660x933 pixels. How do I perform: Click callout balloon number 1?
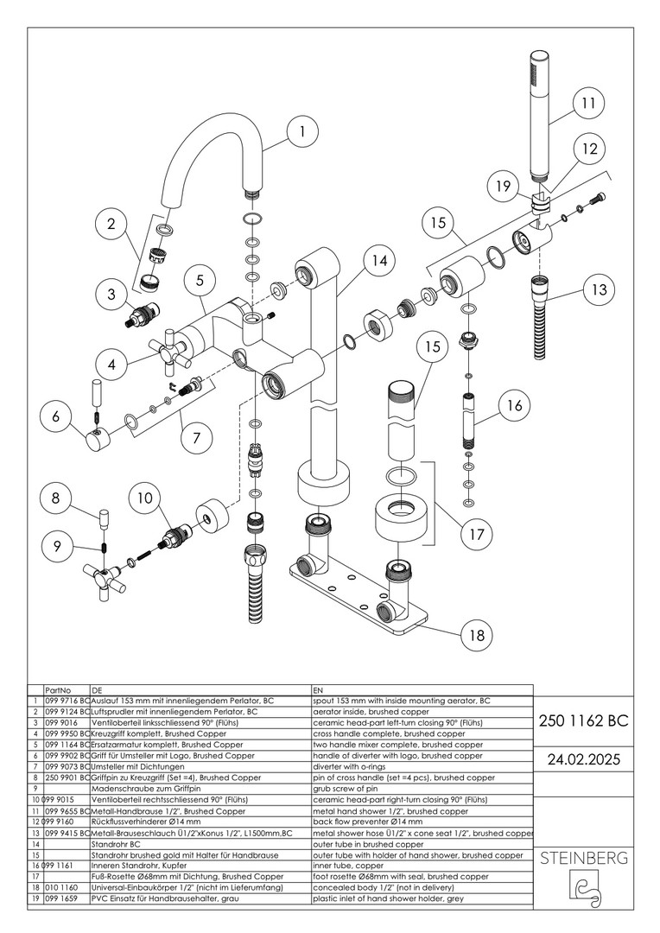[301, 133]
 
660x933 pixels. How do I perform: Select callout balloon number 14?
[375, 260]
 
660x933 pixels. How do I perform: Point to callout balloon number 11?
[588, 104]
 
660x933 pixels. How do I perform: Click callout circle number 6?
[57, 416]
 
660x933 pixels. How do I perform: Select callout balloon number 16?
[515, 404]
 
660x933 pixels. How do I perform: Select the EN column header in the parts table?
[317, 690]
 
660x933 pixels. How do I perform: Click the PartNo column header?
[57, 690]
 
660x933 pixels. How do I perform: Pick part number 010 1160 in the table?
[60, 887]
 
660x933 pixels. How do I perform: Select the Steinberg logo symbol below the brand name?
[584, 891]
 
